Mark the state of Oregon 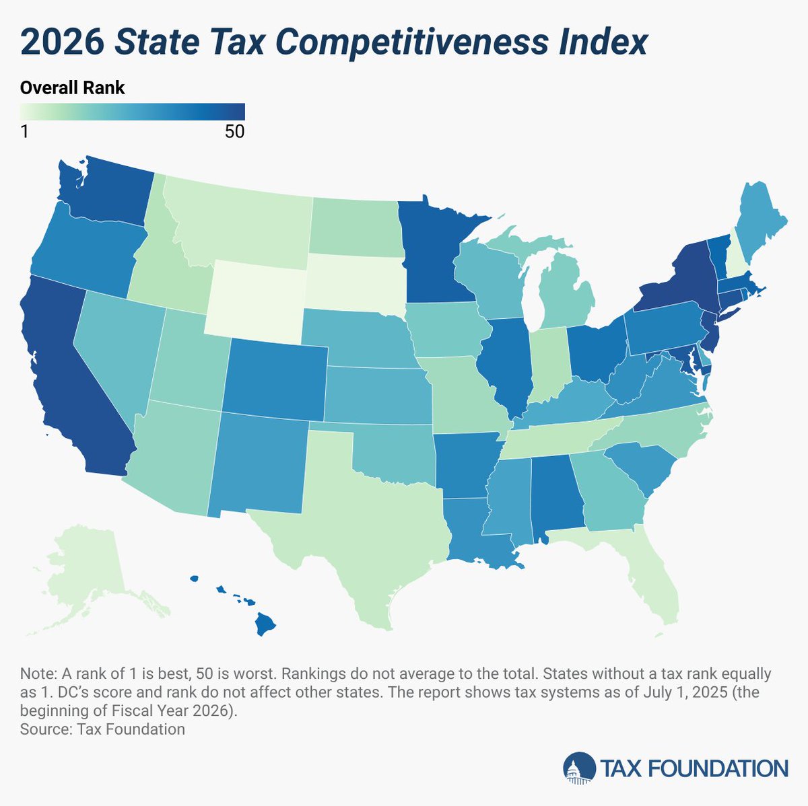pyautogui.click(x=84, y=249)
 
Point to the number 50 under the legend pyautogui.click(x=234, y=132)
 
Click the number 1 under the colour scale pyautogui.click(x=24, y=132)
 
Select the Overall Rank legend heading pyautogui.click(x=72, y=87)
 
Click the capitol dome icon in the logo pyautogui.click(x=580, y=768)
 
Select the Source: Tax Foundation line pyautogui.click(x=102, y=729)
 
